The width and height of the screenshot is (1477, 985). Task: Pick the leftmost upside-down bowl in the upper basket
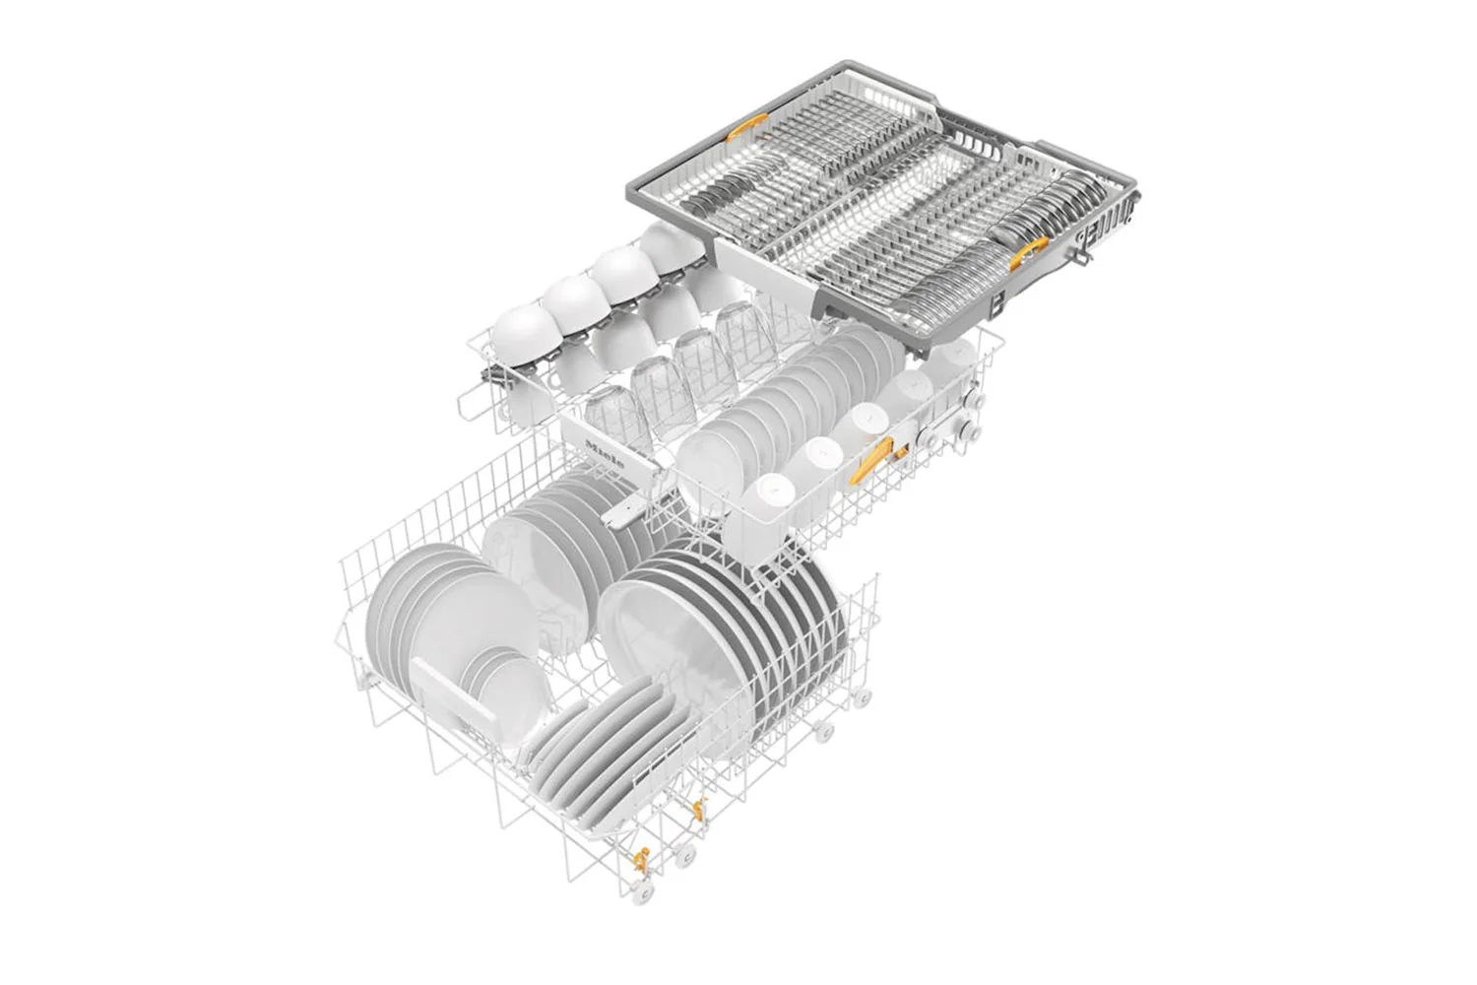[x=525, y=330]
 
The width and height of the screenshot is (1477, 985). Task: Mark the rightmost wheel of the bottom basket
[x=864, y=696]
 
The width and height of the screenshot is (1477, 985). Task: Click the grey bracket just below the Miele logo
[x=622, y=510]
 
